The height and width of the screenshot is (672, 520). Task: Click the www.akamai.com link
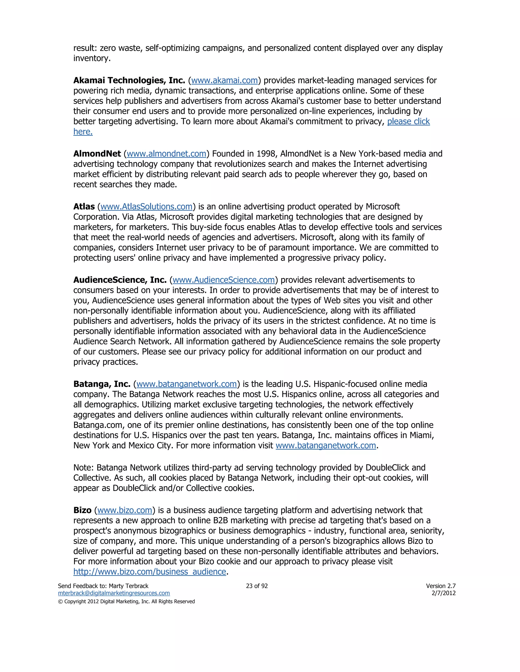[x=224, y=81]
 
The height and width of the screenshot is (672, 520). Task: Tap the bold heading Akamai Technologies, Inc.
[x=129, y=81]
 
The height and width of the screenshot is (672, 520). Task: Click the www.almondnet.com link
[x=166, y=154]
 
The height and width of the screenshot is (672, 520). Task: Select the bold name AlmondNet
[x=97, y=154]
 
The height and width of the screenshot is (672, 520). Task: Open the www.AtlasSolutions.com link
[x=146, y=207]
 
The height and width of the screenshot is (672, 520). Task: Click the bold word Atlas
[x=84, y=207]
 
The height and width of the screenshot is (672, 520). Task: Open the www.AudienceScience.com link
[x=223, y=280]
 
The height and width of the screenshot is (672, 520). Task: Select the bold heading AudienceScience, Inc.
[x=120, y=280]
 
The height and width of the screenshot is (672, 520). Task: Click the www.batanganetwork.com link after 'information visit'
[x=326, y=446]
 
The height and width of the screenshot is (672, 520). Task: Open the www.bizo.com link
[x=125, y=510]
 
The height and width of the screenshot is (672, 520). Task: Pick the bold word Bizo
[x=82, y=510]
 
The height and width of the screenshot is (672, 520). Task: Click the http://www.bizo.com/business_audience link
[x=150, y=572]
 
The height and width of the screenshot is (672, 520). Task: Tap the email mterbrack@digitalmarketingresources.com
[x=114, y=593]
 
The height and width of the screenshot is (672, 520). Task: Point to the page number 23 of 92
[x=257, y=586]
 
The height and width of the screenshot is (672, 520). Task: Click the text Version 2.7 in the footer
[x=441, y=586]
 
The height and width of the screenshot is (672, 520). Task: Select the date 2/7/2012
[x=444, y=593]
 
